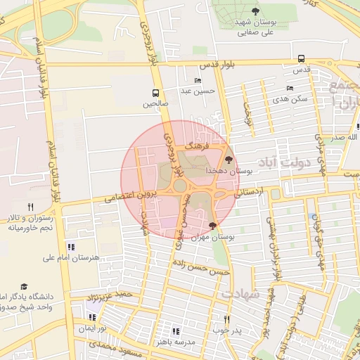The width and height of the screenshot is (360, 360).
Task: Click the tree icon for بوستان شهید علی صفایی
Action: click(255, 11)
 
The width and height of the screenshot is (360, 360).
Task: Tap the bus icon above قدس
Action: click(302, 58)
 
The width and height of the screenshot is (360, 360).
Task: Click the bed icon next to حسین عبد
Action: click(198, 81)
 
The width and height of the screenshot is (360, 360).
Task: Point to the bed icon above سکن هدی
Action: click(290, 89)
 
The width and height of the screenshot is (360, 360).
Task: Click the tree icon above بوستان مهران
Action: click(213, 226)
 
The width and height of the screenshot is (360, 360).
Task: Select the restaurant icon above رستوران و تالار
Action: click(30, 207)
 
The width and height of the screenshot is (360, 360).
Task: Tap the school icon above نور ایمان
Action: click(92, 317)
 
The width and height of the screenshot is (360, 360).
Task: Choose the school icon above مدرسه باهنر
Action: click(175, 330)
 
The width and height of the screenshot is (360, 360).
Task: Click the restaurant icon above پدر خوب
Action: click(226, 319)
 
